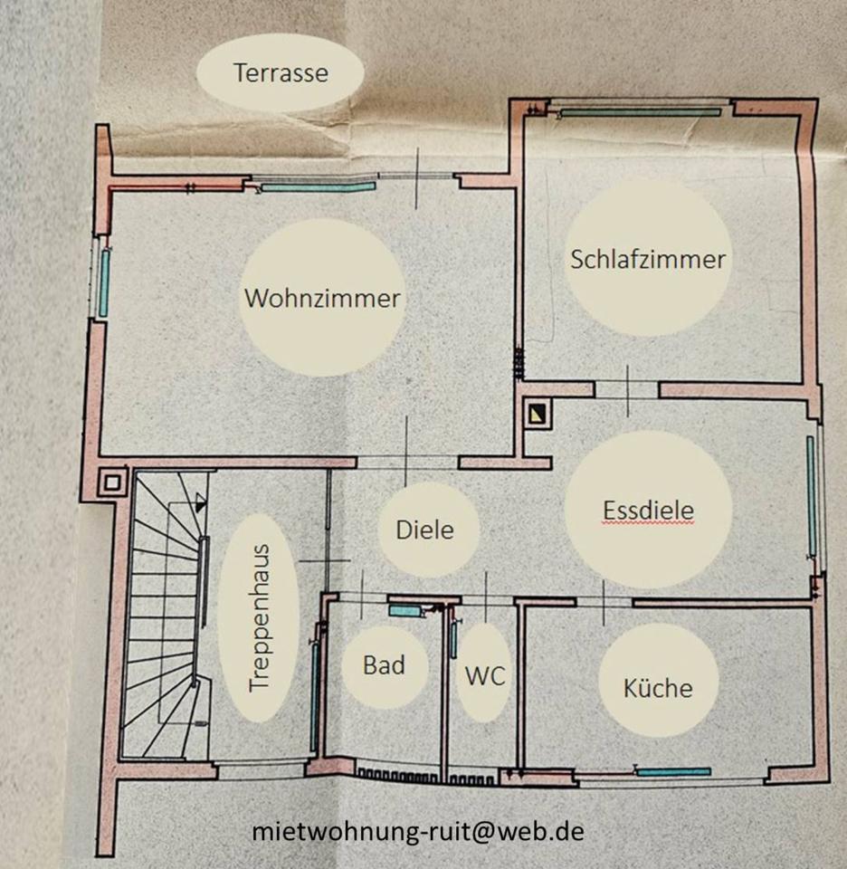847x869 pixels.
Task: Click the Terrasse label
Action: coord(280,72)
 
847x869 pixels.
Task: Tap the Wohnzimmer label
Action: coord(322,298)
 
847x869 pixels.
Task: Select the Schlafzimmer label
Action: coord(648,259)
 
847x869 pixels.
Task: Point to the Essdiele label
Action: coord(648,510)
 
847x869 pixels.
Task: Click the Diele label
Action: coord(424,529)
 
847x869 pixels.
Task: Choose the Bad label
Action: coord(384,665)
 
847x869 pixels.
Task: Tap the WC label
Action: coord(484,674)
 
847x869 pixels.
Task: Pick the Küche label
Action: coord(658,687)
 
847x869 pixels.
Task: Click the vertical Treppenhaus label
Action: coord(260,616)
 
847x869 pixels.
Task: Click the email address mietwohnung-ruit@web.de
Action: coord(418,831)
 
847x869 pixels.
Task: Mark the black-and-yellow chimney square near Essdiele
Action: coord(538,415)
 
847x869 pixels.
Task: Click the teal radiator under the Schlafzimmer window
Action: coord(641,112)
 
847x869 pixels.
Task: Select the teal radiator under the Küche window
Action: coord(674,771)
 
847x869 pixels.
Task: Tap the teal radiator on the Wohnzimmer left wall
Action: coord(104,282)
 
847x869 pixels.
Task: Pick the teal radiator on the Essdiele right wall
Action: coord(812,496)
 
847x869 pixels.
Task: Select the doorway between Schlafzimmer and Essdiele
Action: coord(627,389)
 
